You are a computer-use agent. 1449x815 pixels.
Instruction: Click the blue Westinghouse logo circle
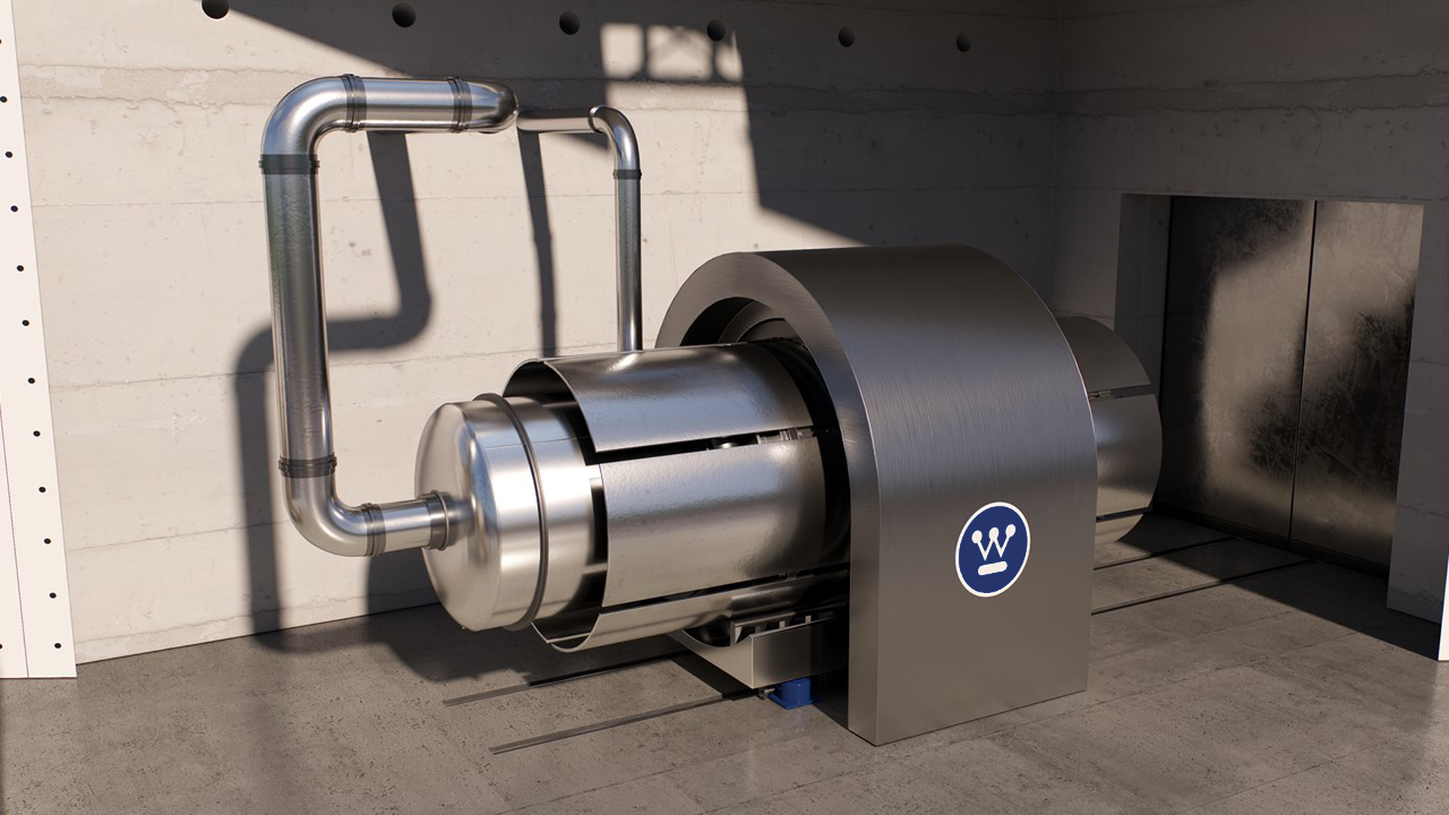coord(992,549)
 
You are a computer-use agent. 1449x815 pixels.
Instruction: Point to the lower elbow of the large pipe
coord(317,521)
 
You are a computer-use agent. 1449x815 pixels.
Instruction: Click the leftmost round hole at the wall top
coord(214,8)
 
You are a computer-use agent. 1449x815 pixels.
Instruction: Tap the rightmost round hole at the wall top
coord(963,42)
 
